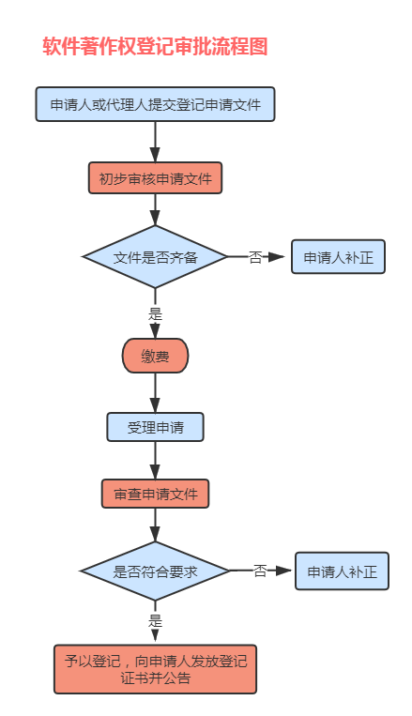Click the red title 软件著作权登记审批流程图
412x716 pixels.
pyautogui.click(x=155, y=47)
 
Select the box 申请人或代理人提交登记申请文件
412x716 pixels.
pyautogui.click(x=155, y=104)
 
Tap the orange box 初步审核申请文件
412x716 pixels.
pyautogui.click(x=155, y=178)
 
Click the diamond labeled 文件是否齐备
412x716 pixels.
pyautogui.click(x=155, y=256)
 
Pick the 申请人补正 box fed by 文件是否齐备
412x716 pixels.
pyautogui.click(x=338, y=256)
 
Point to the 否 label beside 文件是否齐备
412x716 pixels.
pyautogui.click(x=255, y=256)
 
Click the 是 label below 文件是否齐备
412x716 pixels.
pyautogui.click(x=155, y=313)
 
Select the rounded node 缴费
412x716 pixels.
pyautogui.click(x=155, y=356)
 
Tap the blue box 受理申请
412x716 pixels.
pyautogui.click(x=155, y=427)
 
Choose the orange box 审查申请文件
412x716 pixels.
pyautogui.click(x=155, y=494)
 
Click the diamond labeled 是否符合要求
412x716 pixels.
pyautogui.click(x=155, y=571)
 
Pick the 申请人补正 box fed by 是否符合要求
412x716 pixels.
pyautogui.click(x=342, y=571)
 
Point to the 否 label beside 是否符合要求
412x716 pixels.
pyautogui.click(x=260, y=571)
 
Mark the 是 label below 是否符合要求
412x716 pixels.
pyautogui.click(x=155, y=619)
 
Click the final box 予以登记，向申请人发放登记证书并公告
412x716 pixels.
pyautogui.click(x=155, y=668)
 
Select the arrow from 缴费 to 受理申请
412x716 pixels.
pyautogui.click(x=155, y=392)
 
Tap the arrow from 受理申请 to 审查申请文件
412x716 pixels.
pyautogui.click(x=155, y=461)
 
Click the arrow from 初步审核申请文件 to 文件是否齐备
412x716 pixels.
pyautogui.click(x=155, y=209)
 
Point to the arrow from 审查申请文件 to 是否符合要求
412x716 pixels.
pyautogui.click(x=155, y=525)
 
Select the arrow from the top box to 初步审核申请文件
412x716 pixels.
pyautogui.click(x=155, y=142)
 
